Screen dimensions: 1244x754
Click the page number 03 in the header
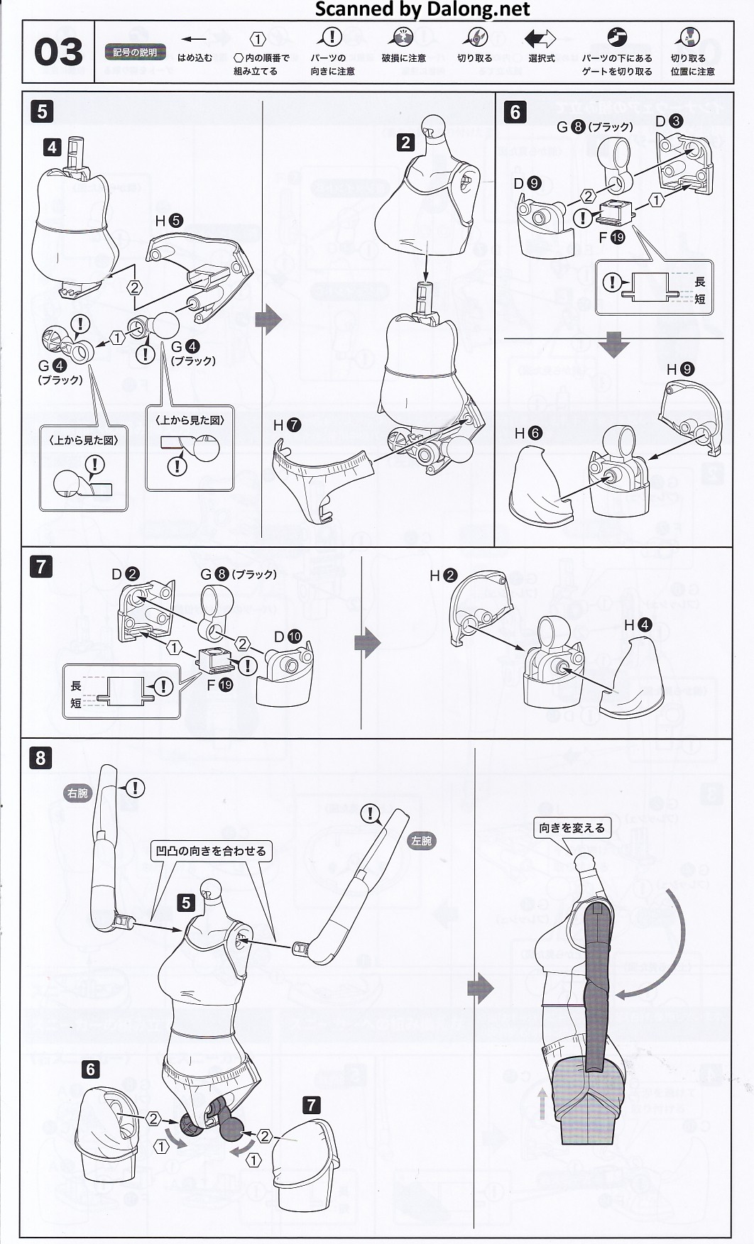point(58,53)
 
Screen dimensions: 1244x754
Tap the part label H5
point(169,221)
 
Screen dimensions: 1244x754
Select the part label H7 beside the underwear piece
point(287,425)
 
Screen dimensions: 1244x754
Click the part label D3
point(669,121)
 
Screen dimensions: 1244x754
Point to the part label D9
point(528,184)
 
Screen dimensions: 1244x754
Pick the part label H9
point(680,369)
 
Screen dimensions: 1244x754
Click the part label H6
point(528,433)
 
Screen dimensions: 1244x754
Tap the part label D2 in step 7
point(125,574)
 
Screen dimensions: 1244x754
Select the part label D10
point(288,637)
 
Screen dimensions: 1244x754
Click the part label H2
point(443,576)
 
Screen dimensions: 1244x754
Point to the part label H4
point(638,625)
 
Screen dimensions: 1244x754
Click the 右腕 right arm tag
point(77,793)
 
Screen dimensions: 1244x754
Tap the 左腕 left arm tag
point(421,841)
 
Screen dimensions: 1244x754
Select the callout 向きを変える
point(572,828)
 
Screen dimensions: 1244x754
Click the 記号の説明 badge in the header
point(135,53)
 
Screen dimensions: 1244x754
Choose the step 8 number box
point(40,758)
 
